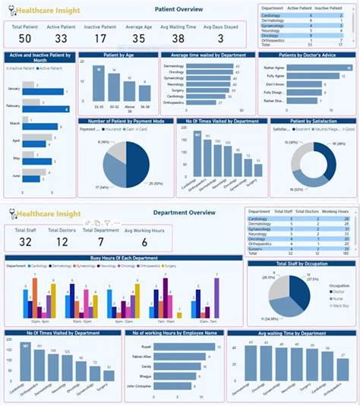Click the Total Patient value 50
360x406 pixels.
[25, 39]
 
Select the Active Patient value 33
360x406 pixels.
[61, 39]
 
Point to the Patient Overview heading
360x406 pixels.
[178, 10]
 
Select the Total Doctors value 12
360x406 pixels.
[63, 242]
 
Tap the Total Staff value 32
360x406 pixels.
[25, 242]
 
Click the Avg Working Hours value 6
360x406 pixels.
[144, 242]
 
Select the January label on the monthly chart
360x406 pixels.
[13, 89]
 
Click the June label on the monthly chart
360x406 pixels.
[16, 175]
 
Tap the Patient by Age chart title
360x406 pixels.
[118, 55]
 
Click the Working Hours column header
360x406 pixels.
[335, 211]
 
